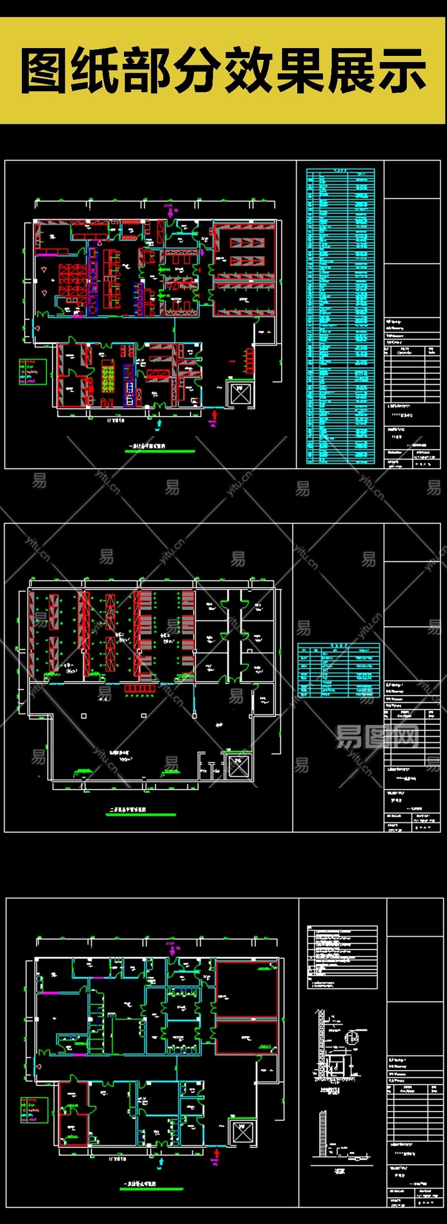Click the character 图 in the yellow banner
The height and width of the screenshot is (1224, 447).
tap(45, 71)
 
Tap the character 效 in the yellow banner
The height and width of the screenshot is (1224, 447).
tap(248, 71)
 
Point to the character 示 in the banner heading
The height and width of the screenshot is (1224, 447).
tap(401, 71)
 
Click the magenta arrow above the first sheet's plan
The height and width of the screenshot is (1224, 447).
tap(170, 211)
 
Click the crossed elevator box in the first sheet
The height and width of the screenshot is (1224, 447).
tap(240, 394)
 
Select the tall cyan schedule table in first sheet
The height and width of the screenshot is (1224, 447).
tap(340, 316)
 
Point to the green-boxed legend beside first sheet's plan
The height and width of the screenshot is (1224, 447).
tap(32, 371)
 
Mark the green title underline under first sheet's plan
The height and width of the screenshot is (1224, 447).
tap(161, 451)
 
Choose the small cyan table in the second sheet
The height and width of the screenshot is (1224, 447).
tap(339, 670)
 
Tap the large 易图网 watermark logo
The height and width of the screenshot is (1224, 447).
tap(377, 737)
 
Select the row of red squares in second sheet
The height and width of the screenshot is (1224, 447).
tap(139, 688)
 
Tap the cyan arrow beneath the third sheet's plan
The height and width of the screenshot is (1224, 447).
tap(161, 1162)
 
